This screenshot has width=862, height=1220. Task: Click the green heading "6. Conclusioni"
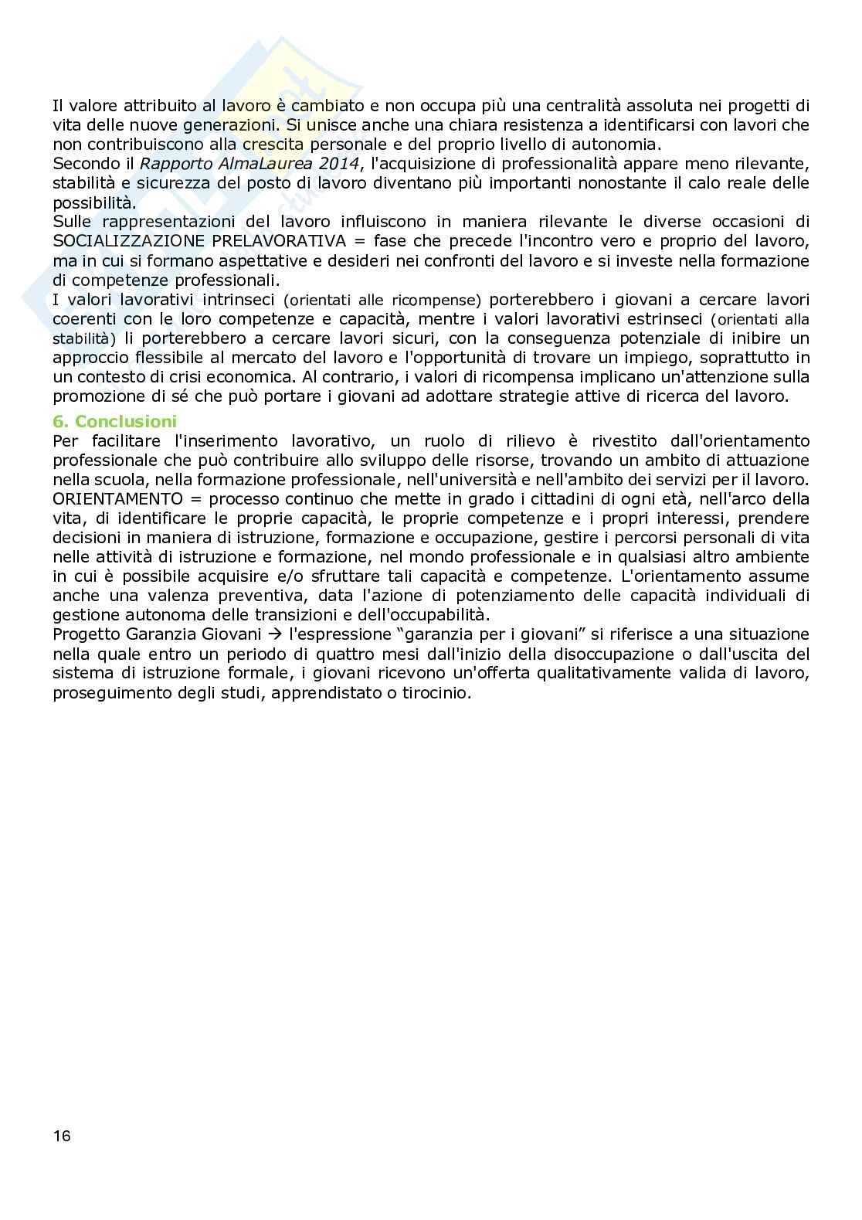[x=114, y=421]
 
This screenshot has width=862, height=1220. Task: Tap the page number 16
[x=62, y=1135]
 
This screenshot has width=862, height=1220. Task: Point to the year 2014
[x=337, y=164]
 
